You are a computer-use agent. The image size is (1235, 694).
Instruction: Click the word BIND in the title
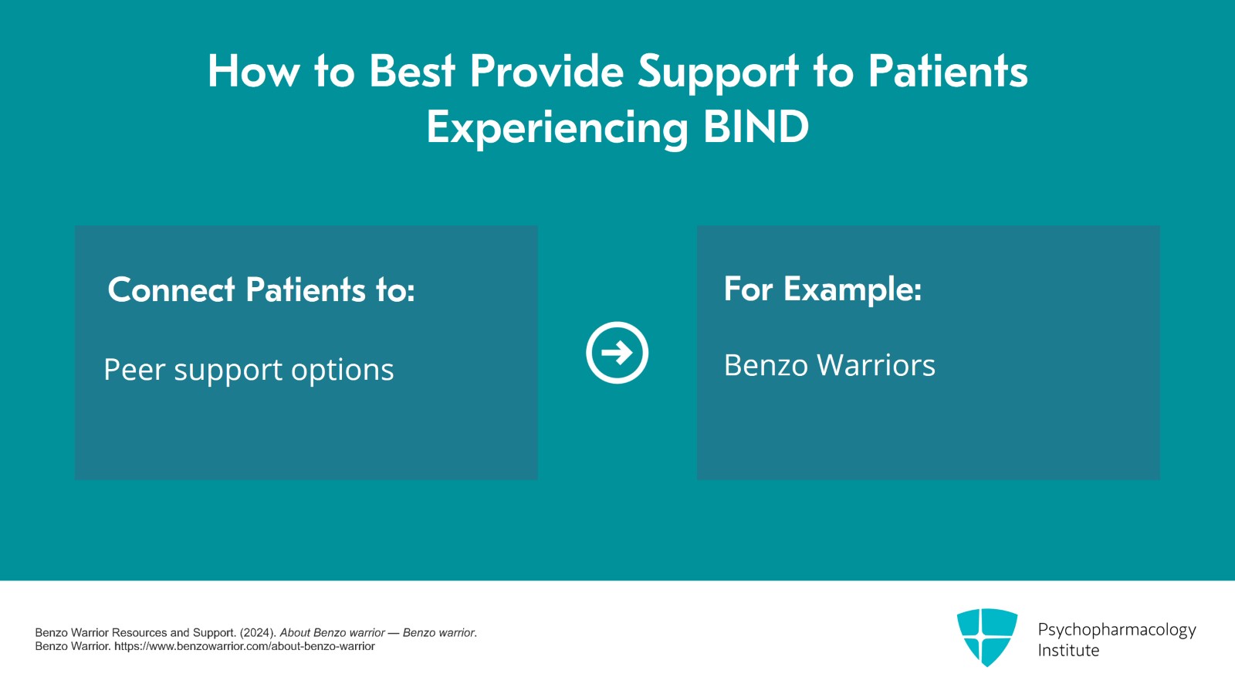[756, 127]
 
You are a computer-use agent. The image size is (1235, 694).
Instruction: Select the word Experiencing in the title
[557, 129]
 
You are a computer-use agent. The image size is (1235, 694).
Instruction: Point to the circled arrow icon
[617, 352]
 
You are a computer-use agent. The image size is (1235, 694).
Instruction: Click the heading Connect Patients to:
[262, 289]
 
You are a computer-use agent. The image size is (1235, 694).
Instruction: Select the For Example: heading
[823, 289]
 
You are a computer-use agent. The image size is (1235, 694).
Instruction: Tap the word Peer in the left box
[134, 369]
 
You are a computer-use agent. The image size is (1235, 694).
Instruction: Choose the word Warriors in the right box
[876, 365]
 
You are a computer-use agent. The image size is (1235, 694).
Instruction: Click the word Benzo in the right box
[766, 365]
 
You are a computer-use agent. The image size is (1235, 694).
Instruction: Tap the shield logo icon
[987, 637]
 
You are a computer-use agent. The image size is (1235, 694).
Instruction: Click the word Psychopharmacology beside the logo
[1117, 630]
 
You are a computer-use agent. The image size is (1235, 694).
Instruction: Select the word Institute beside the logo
[1068, 651]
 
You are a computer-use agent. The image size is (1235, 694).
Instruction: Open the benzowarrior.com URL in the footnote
[244, 646]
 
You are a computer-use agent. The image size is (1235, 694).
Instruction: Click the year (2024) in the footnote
[258, 633]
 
